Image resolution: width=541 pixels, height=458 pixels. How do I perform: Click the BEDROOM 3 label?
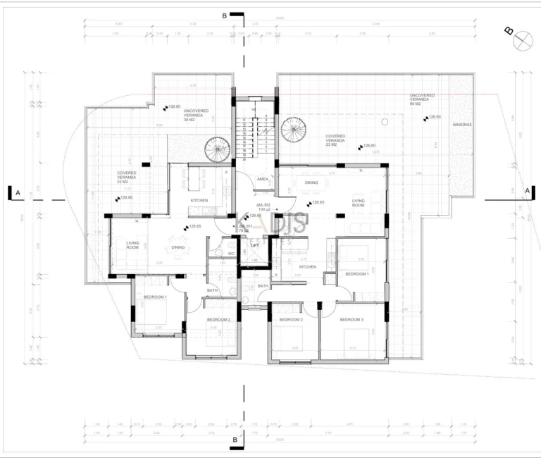[x=352, y=320]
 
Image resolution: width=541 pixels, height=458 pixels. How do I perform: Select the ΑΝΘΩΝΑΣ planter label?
[x=462, y=124]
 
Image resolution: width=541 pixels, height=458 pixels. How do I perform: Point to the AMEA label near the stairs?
[x=262, y=180]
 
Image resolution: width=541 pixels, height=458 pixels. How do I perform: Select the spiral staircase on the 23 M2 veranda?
[x=292, y=129]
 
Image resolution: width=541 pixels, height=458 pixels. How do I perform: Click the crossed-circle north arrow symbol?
[x=523, y=41]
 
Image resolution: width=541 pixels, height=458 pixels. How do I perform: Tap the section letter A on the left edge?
[x=18, y=192]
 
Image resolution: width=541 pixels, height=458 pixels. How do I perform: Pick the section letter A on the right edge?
[x=526, y=191]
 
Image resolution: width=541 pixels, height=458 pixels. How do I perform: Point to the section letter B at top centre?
[x=225, y=15]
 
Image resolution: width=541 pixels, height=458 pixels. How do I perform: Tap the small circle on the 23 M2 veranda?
[x=385, y=121]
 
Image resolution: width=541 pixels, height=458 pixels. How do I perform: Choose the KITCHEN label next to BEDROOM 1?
[x=308, y=267]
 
